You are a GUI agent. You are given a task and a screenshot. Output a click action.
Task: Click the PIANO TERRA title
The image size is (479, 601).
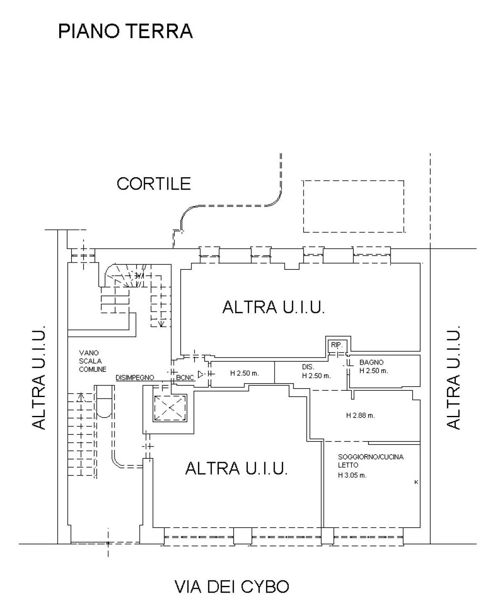125,31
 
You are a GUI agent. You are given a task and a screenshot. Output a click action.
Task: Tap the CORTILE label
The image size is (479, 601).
154,184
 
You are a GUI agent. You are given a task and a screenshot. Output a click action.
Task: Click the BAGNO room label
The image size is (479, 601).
371,362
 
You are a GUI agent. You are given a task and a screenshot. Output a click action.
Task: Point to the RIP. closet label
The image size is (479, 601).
337,345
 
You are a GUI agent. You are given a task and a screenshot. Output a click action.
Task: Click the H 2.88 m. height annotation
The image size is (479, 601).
361,415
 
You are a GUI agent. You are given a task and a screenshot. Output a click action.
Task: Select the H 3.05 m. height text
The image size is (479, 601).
353,476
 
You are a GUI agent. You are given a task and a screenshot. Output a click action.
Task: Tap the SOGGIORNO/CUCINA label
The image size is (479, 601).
371,457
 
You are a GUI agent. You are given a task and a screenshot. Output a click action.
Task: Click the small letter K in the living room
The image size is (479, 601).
416,482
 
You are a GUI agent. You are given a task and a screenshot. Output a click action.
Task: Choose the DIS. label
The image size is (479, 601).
308,367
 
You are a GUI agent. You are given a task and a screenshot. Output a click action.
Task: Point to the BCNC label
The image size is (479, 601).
185,378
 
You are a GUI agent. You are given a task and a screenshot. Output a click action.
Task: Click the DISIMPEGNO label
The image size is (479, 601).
135,378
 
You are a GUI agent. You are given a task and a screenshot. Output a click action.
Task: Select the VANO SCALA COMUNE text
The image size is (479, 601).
92,361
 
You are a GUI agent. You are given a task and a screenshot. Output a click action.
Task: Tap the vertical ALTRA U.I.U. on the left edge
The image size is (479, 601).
39,376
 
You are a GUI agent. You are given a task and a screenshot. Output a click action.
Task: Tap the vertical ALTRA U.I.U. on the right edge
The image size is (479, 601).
453,376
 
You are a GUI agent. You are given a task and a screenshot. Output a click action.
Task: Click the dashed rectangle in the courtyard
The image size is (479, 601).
354,206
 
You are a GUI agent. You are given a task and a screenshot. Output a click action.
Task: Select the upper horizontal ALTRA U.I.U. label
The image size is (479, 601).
274,307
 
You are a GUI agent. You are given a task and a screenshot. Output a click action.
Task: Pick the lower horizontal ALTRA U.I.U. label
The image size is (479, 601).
237,468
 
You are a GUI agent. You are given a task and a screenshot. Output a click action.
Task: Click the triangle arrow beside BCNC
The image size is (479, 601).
201,374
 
